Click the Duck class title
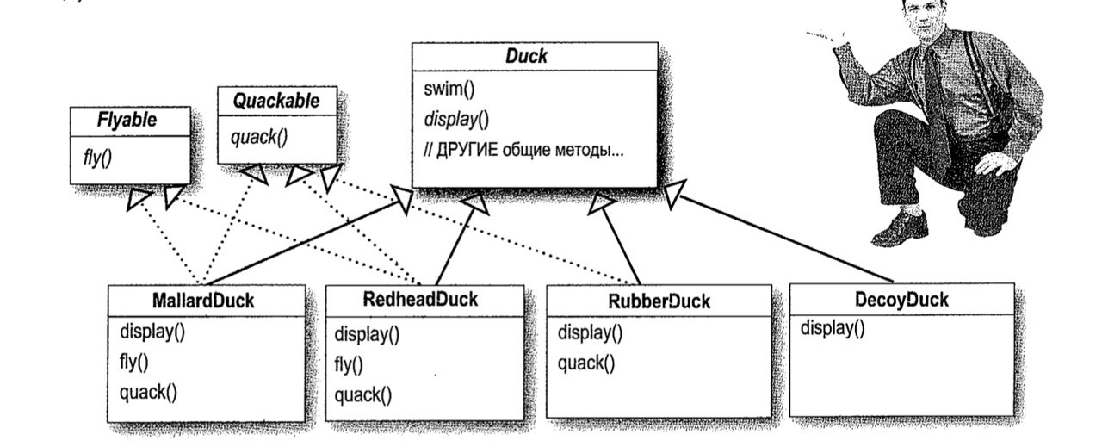coord(525,58)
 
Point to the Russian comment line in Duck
coord(523,148)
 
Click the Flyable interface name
coord(127,120)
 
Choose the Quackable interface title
coord(276,101)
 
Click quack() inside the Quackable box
coord(252,135)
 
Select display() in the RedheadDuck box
coord(366,334)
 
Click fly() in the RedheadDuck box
coord(349,365)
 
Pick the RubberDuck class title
coord(659,301)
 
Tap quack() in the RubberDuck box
coord(586,363)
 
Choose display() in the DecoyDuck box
coord(833,328)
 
